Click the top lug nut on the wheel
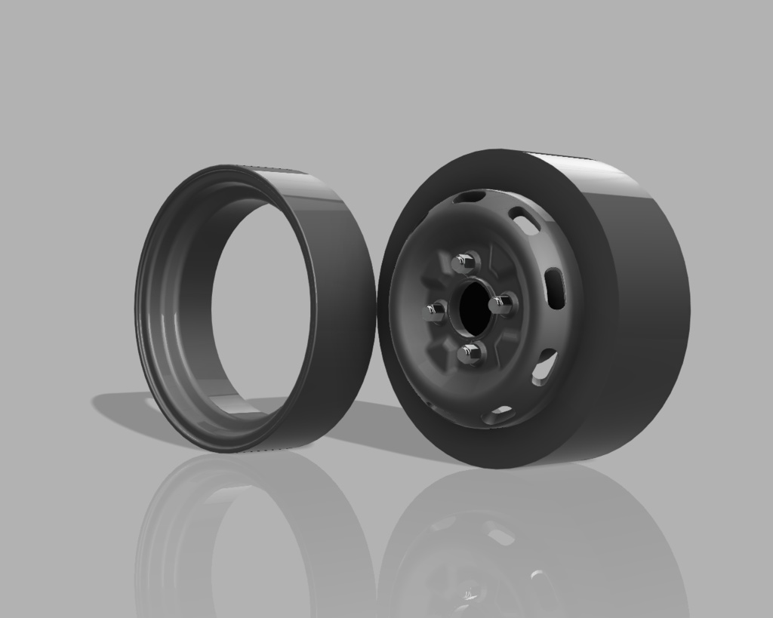(x=466, y=263)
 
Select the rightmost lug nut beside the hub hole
(x=501, y=304)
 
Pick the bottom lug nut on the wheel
(x=470, y=352)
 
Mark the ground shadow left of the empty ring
(x=121, y=407)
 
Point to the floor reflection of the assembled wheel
(x=528, y=543)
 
